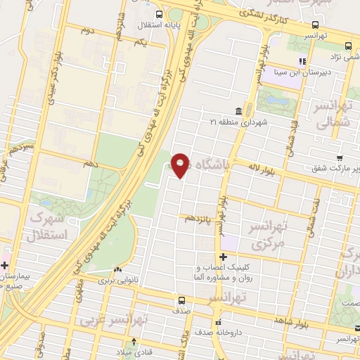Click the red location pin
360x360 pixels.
181,165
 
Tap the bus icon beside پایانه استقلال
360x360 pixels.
160,14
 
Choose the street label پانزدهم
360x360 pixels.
198,218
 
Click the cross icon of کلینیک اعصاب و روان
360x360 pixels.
224,257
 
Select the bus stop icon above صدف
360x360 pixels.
181,300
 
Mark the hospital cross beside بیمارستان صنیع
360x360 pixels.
5,266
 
